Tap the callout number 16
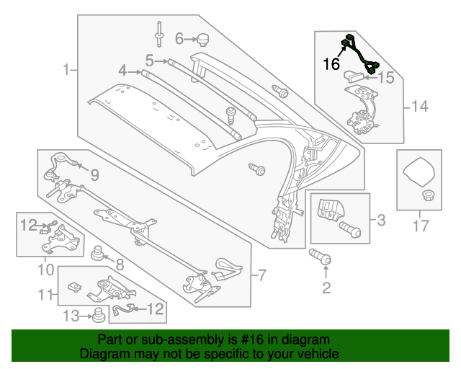point(331,64)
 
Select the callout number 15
point(386,77)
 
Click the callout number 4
point(122,71)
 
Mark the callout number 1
point(66,70)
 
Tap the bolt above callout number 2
point(321,257)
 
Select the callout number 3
point(381,219)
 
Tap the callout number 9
point(94,174)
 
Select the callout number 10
point(45,270)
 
